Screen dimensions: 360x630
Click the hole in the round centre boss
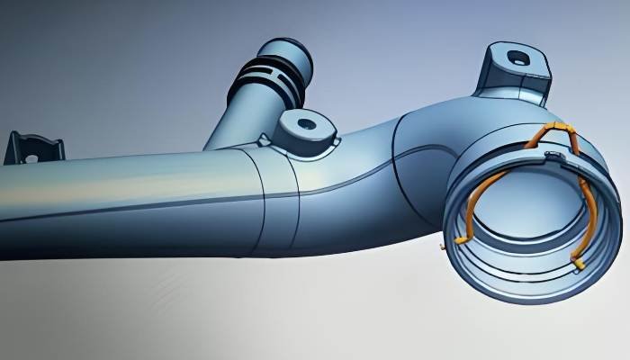306,123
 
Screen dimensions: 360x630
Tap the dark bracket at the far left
33,148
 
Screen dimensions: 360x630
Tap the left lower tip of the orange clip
459,241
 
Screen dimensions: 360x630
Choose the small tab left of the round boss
265,139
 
